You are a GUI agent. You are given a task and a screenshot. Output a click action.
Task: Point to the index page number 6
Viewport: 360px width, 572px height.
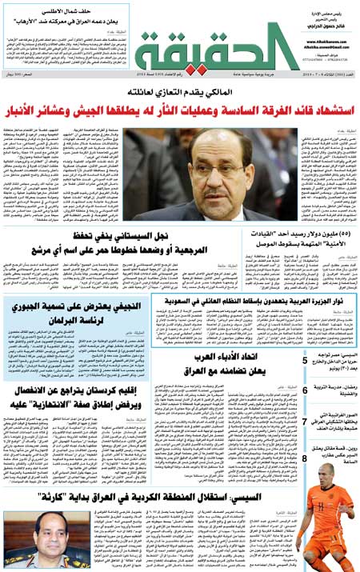tap(305, 390)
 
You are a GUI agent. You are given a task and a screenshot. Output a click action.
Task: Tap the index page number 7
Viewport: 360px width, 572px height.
tap(305, 422)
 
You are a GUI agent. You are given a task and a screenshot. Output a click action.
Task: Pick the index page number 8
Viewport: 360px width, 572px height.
tap(305, 458)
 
